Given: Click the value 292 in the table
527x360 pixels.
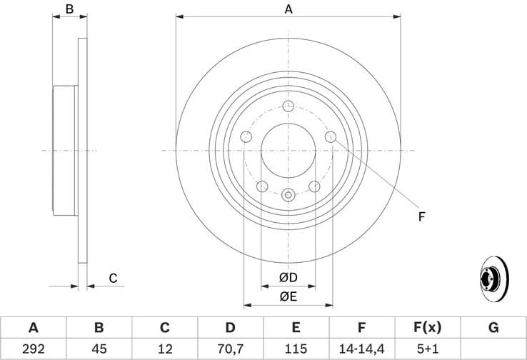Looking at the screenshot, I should (33, 349).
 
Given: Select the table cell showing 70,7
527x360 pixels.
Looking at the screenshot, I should (230, 349).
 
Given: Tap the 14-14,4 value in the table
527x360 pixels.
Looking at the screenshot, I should (362, 349).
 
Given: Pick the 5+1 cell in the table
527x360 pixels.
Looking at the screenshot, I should (427, 349).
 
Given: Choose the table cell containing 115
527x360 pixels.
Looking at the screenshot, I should (296, 349).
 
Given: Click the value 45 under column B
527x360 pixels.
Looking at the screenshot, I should (99, 349).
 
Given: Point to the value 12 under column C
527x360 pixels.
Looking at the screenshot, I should (164, 349).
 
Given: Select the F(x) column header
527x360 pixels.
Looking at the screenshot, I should (427, 328).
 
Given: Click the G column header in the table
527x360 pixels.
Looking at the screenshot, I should (493, 328).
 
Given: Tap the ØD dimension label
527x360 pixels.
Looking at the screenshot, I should (288, 277).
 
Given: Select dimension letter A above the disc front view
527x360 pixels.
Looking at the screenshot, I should (288, 9).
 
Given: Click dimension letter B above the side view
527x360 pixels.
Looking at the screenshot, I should (69, 9).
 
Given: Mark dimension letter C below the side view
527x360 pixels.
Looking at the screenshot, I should (113, 278).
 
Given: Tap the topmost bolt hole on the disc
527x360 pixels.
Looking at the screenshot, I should (288, 106).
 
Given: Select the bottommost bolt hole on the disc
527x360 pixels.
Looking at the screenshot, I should (288, 194).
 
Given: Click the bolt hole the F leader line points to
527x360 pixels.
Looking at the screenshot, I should (331, 136).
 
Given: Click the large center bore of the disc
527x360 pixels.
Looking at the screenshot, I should (288, 150).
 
